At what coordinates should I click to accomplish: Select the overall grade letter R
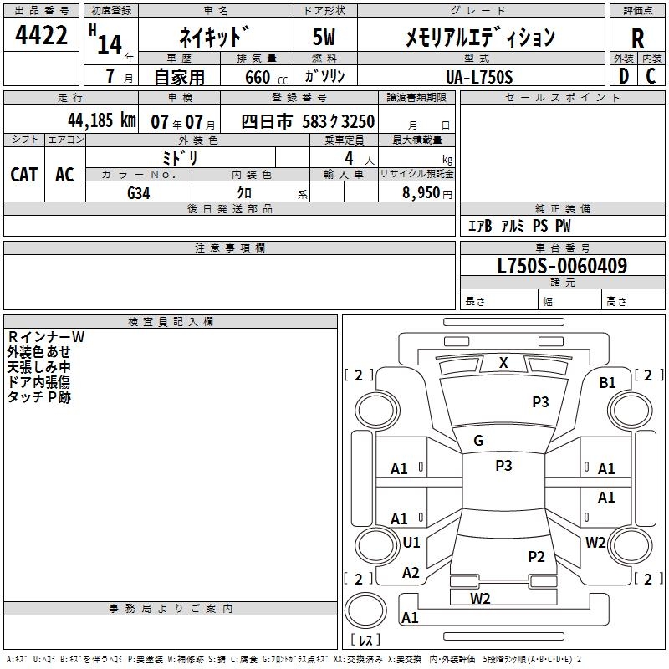tap(638, 38)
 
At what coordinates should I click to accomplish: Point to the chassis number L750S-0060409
tap(561, 267)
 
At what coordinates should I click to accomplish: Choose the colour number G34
tap(139, 193)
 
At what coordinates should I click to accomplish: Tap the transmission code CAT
tap(24, 174)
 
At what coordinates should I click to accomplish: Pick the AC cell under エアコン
tap(64, 174)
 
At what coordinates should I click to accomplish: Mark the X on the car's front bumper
tap(503, 363)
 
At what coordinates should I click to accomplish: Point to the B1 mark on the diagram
tap(607, 382)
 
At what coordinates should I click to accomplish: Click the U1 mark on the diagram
tap(411, 543)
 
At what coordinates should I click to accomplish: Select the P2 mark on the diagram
tap(536, 557)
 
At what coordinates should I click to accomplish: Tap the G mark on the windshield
tap(478, 441)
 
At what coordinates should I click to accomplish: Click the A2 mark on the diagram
tap(411, 573)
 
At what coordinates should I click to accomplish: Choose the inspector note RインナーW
tap(46, 337)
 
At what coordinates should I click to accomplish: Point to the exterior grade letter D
tap(624, 76)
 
